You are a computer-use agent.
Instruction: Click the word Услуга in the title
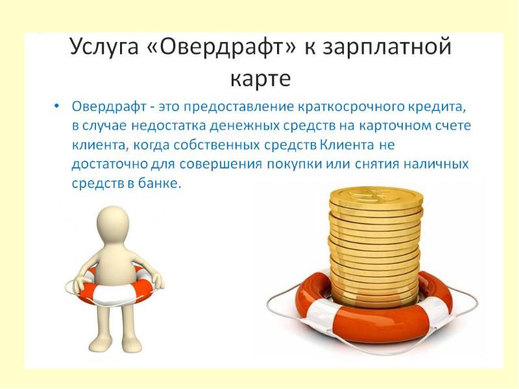pyautogui.click(x=104, y=47)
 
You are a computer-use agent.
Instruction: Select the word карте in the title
pyautogui.click(x=260, y=78)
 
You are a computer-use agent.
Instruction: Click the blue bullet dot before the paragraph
pyautogui.click(x=57, y=106)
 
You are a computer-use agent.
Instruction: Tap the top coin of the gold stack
pyautogui.click(x=376, y=196)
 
